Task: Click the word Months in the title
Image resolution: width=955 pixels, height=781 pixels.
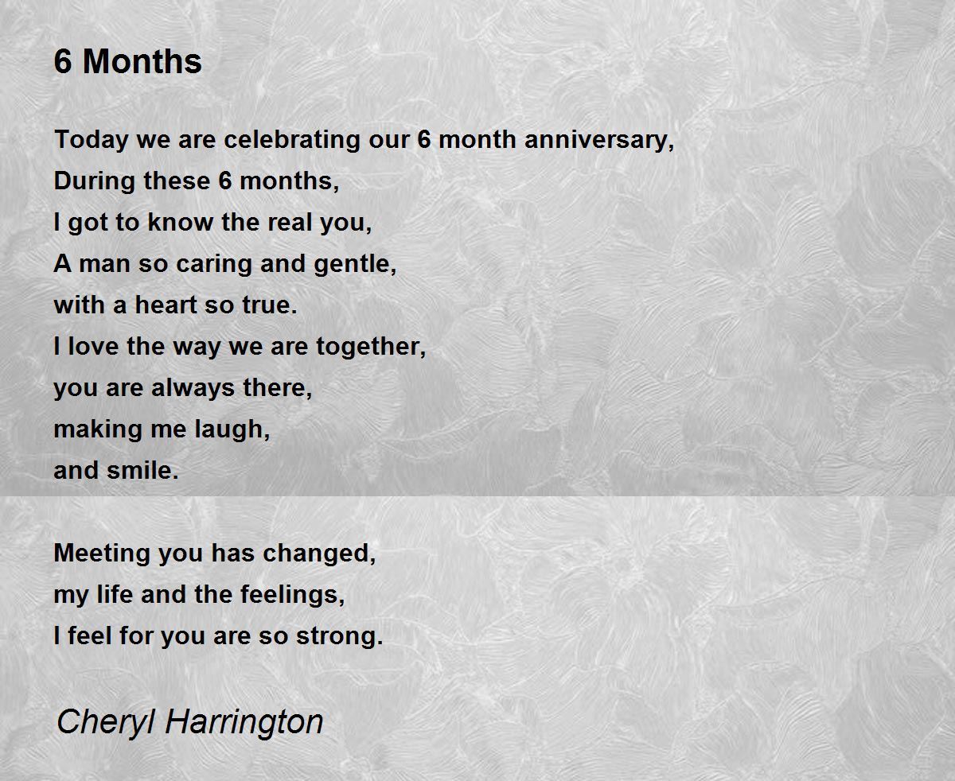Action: pos(142,61)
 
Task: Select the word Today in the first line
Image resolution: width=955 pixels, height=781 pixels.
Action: pos(91,140)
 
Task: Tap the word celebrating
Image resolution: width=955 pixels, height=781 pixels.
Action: pos(292,139)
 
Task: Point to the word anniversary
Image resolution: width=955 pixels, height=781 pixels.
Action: pos(599,140)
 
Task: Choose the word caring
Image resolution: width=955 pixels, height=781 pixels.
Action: pos(214,264)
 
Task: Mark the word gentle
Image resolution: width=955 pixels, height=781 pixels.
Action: pos(356,264)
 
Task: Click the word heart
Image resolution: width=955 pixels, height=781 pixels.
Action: pos(166,305)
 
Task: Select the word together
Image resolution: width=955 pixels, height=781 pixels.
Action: pos(372,347)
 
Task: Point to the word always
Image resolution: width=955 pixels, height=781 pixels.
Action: pos(193,388)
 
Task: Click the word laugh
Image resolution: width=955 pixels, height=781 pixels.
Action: pos(232,429)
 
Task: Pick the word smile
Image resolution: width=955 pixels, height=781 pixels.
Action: pos(142,470)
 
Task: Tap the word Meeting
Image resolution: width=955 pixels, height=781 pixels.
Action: pos(103,554)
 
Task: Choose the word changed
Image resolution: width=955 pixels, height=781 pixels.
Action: pos(319,554)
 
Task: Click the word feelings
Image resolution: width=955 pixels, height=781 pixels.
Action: pos(293,595)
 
